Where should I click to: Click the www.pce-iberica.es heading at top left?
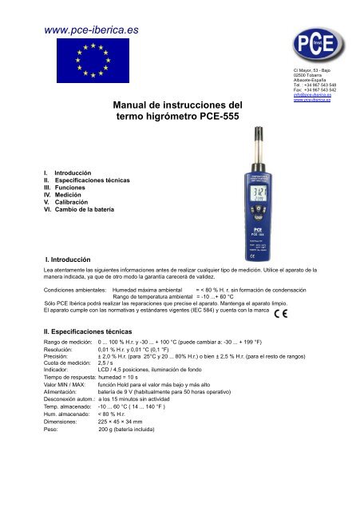tap(80, 31)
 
